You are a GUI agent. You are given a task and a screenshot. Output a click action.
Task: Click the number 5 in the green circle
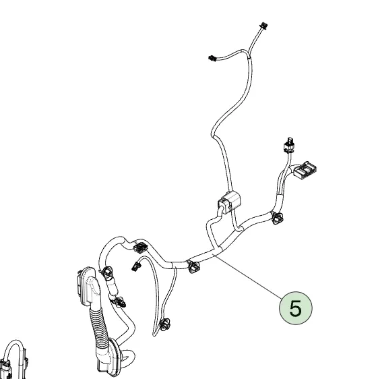coord(295,308)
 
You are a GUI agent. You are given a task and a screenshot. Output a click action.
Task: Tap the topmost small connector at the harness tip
coord(261,28)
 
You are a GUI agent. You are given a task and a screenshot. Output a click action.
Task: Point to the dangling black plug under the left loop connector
coord(135,265)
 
